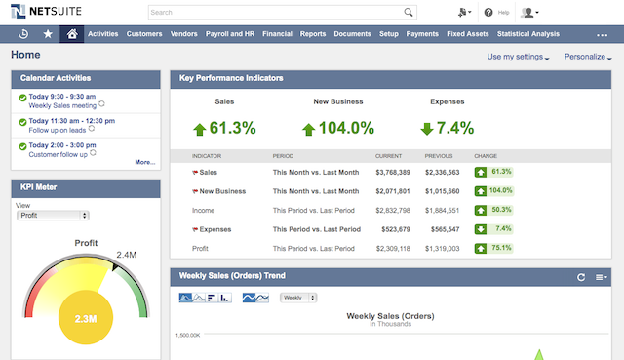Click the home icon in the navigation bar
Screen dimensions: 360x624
click(x=71, y=33)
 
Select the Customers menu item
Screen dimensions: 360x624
click(x=144, y=33)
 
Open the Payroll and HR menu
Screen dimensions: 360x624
click(x=229, y=33)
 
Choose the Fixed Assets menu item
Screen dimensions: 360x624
click(x=467, y=33)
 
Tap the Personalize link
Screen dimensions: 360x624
click(x=588, y=57)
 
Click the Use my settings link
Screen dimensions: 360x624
click(x=517, y=57)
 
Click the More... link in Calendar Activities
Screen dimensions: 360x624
click(x=144, y=162)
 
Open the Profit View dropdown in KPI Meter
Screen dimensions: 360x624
click(x=54, y=215)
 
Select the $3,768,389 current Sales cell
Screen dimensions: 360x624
click(x=393, y=172)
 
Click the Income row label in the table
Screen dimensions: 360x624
click(x=204, y=210)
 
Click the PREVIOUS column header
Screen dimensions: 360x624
click(x=441, y=156)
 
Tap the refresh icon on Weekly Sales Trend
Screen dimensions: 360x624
click(x=581, y=277)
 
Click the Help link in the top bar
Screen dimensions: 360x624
click(x=497, y=13)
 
